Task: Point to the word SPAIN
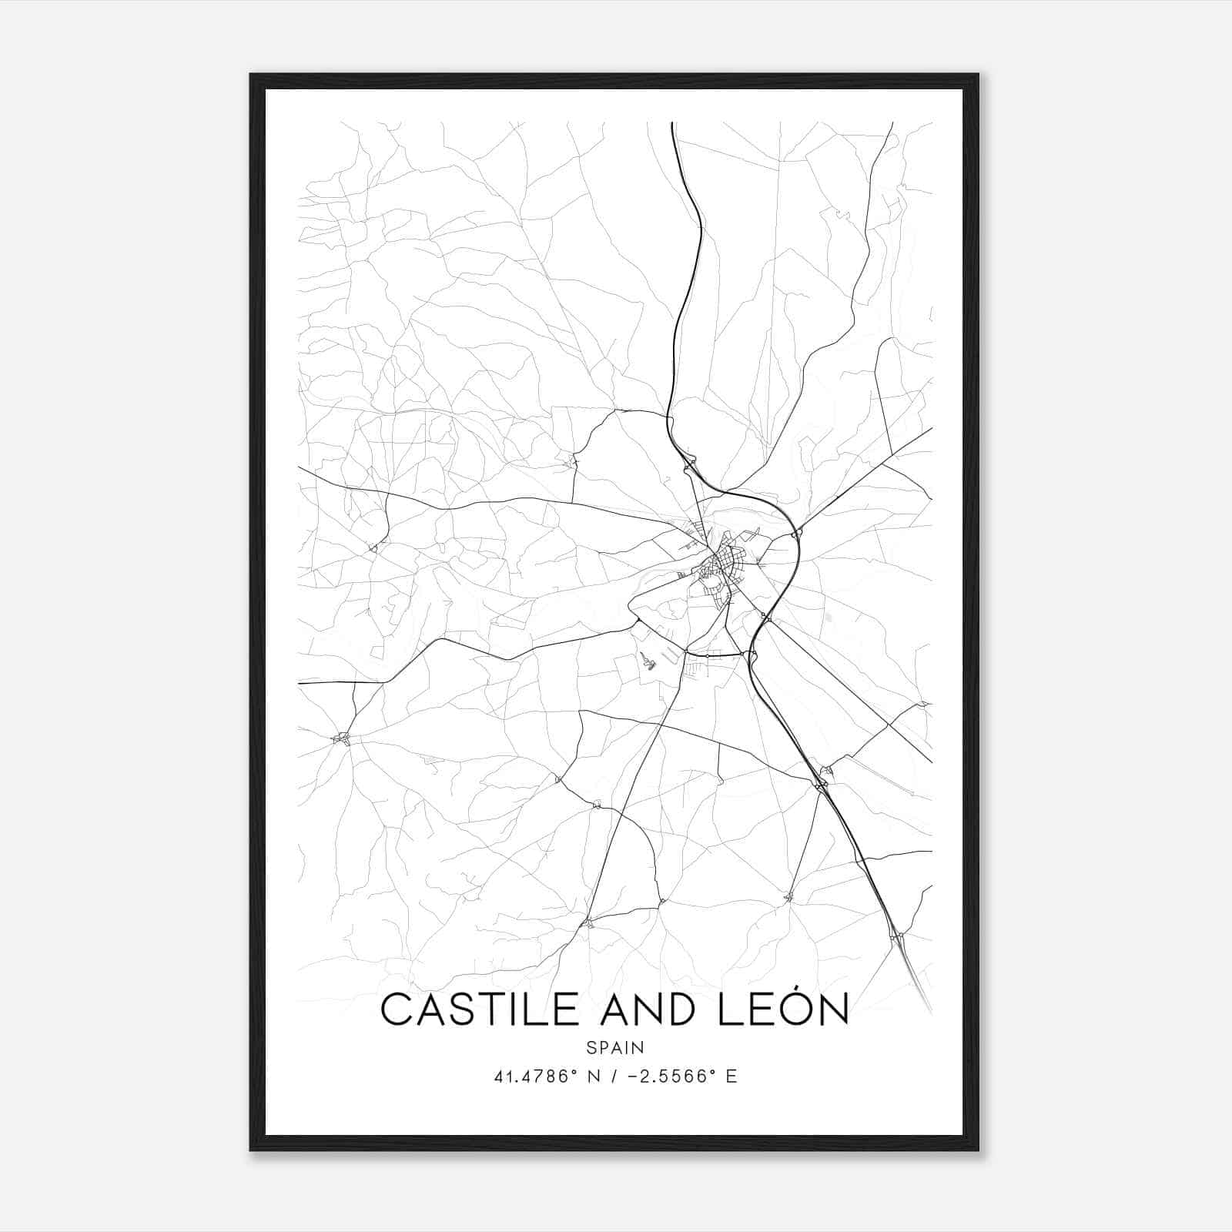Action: (x=615, y=1047)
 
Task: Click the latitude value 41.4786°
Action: (x=536, y=1076)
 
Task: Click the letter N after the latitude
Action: (x=594, y=1076)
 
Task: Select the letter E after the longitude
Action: (x=731, y=1076)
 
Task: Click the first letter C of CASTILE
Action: (x=397, y=1009)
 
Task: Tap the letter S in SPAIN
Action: (x=591, y=1047)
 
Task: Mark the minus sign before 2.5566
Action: (x=634, y=1076)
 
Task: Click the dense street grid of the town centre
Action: (x=720, y=570)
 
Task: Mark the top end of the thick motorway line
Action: (x=672, y=123)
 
